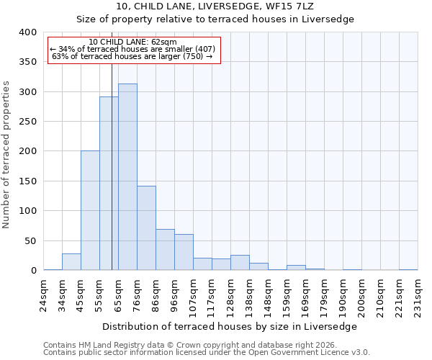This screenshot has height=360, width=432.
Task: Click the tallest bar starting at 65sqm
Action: [x=127, y=177]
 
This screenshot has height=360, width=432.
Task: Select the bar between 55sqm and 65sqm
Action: [x=109, y=184]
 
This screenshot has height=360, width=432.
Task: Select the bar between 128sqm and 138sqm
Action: [x=240, y=263]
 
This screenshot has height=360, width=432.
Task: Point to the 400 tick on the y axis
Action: [x=27, y=32]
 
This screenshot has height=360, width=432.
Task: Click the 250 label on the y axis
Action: [x=27, y=122]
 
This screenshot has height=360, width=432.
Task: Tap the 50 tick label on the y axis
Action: [x=30, y=240]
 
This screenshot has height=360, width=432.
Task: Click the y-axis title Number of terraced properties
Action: [x=6, y=155]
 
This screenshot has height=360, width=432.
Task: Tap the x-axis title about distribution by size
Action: [x=230, y=326]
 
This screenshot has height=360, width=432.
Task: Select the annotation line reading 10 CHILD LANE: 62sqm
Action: [x=133, y=42]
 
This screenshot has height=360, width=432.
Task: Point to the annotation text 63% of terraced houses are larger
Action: [x=133, y=56]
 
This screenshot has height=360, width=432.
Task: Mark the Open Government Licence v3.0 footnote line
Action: [x=206, y=353]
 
